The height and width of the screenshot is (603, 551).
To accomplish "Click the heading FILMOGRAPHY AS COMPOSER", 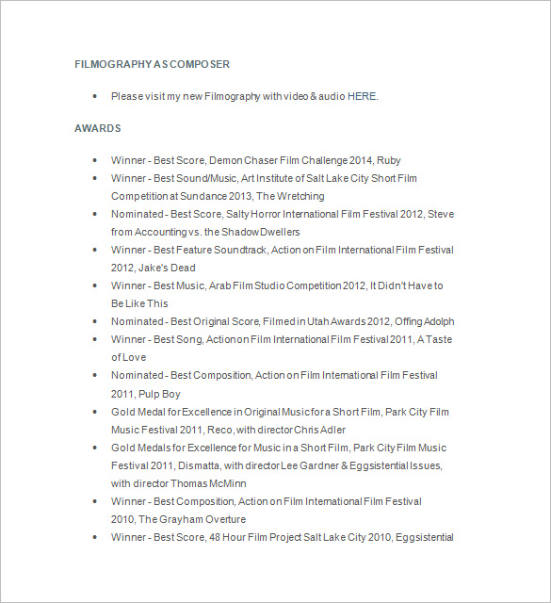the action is [x=152, y=64].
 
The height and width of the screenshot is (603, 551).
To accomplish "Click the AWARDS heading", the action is [x=97, y=128].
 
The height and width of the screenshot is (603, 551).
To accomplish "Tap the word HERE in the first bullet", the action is [x=362, y=96].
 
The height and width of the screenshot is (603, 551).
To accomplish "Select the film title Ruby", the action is [x=388, y=160].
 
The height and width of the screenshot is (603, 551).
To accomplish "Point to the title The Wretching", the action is [x=290, y=196].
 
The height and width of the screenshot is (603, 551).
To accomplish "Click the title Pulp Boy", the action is [x=158, y=394].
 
